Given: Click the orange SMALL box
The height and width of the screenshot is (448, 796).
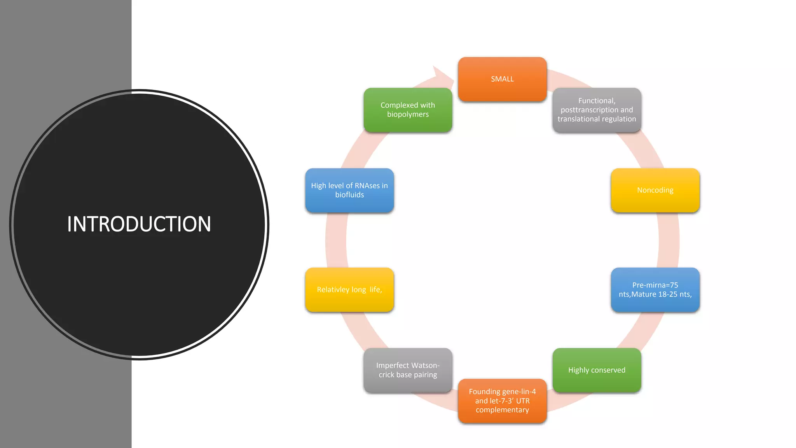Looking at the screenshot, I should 502,79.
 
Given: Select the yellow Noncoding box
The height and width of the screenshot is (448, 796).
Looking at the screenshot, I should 655,190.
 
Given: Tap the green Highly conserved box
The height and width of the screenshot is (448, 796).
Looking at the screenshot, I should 597,370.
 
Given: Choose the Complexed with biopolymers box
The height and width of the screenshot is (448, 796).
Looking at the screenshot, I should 408,110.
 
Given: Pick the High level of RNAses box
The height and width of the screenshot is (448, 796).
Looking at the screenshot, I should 349,190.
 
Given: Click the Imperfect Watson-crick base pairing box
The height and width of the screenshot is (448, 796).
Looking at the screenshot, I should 408,370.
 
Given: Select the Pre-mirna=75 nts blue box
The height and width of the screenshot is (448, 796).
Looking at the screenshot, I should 655,290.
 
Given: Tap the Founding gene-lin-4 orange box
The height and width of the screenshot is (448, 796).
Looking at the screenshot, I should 502,401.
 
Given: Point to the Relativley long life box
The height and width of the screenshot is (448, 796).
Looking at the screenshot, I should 349,290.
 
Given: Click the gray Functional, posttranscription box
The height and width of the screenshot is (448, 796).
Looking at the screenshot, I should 597,110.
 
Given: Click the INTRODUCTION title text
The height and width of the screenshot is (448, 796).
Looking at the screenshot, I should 139,224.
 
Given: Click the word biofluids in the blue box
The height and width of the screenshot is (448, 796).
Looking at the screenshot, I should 349,195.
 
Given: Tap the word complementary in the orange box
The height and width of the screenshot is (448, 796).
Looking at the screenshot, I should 502,410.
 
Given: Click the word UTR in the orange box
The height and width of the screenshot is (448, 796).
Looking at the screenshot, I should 523,401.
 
